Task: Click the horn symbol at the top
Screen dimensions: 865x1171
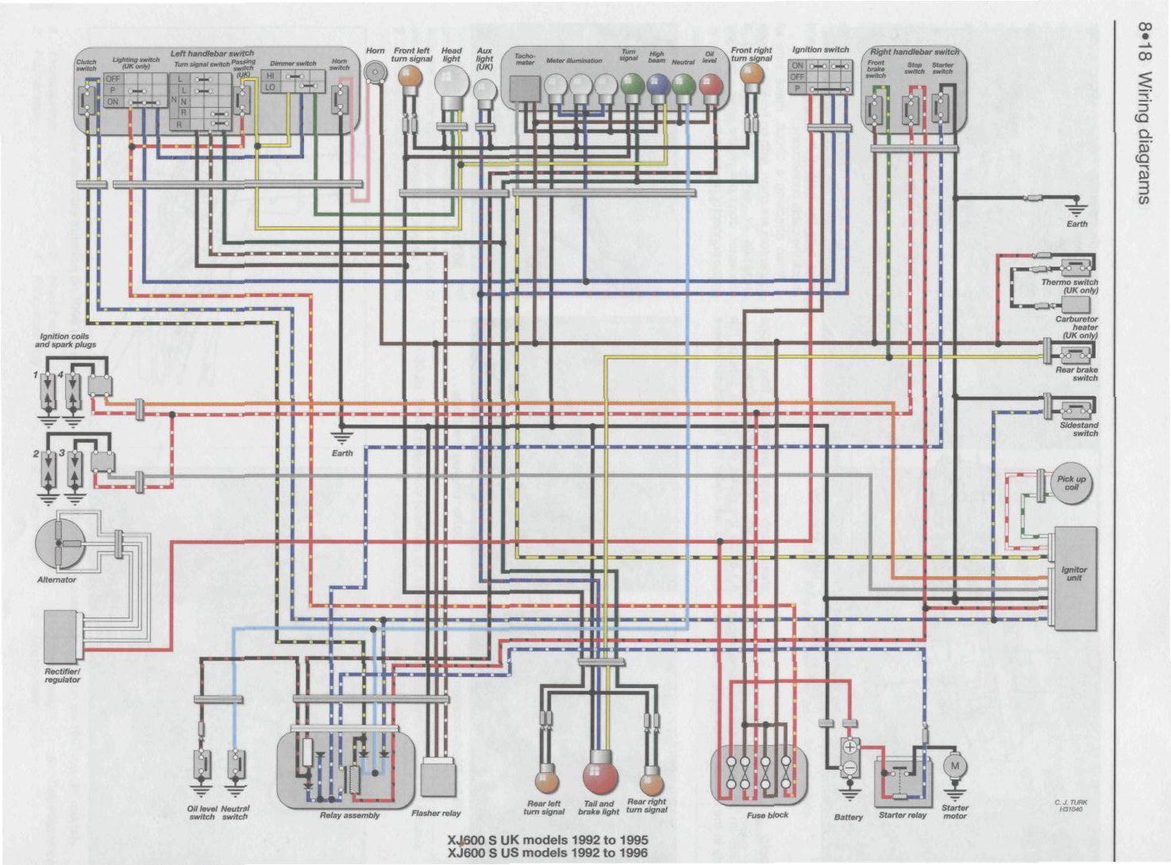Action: [373, 71]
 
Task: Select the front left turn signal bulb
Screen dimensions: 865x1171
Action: [410, 76]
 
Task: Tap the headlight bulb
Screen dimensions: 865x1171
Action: [452, 82]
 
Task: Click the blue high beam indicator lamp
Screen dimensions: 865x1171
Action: [657, 85]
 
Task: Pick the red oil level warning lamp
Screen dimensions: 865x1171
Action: [709, 85]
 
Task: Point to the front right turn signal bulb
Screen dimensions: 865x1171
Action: [750, 75]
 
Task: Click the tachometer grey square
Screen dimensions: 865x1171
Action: [524, 89]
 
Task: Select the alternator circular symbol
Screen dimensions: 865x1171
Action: [60, 544]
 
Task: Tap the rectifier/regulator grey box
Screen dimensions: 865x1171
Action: [61, 636]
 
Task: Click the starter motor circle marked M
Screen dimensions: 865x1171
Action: [954, 767]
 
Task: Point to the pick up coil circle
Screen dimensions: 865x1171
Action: [1071, 483]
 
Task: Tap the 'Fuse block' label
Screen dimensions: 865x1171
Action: [767, 815]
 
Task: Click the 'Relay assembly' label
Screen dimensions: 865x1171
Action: [349, 815]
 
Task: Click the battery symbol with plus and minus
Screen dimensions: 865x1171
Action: [849, 758]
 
